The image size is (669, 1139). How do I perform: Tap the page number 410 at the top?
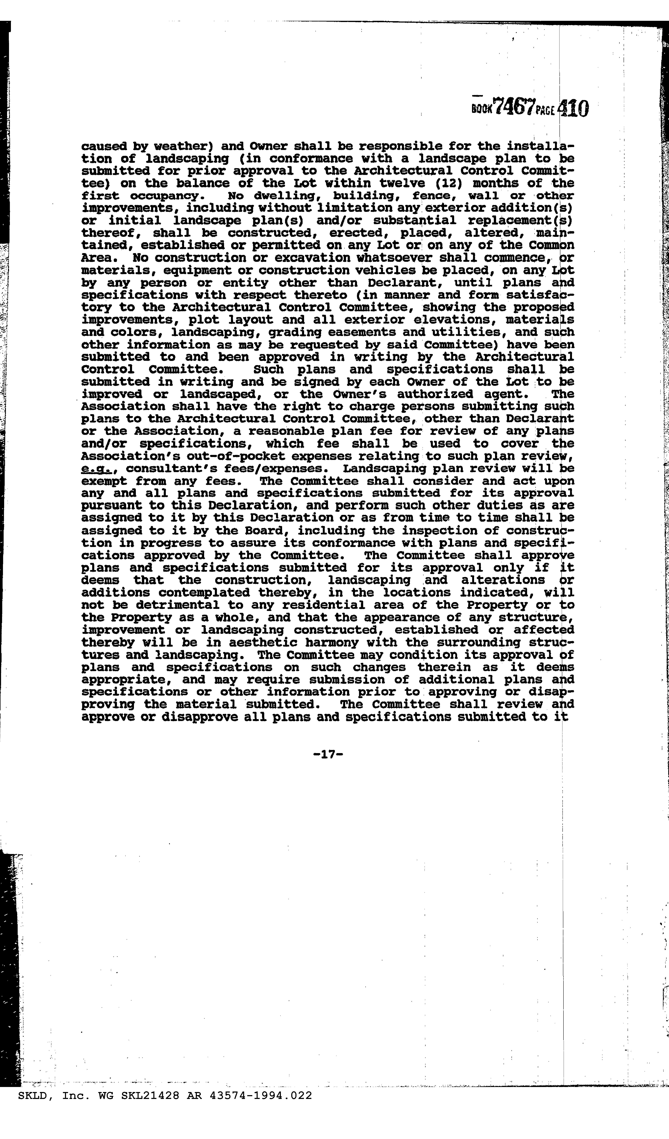pyautogui.click(x=574, y=109)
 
